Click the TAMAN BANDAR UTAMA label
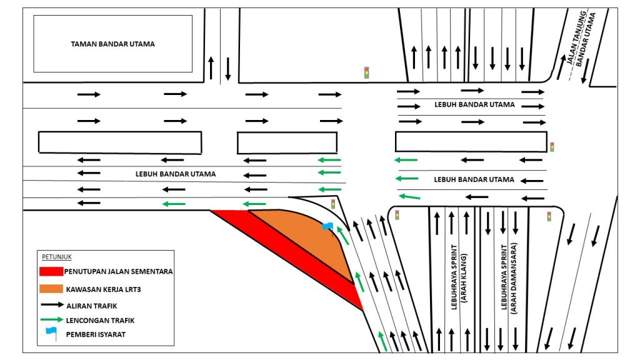pyautogui.click(x=112, y=44)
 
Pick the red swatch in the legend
pyautogui.click(x=51, y=271)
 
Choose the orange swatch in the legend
pyautogui.click(x=51, y=289)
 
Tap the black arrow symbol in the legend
pyautogui.click(x=51, y=305)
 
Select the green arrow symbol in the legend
pyautogui.click(x=51, y=319)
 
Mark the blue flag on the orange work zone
pyautogui.click(x=327, y=226)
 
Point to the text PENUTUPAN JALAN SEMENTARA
pyautogui.click(x=119, y=271)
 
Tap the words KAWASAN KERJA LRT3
pyautogui.click(x=102, y=289)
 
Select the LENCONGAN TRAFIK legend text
pyautogui.click(x=99, y=319)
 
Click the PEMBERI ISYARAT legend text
pyautogui.click(x=94, y=334)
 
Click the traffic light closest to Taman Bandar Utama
pyautogui.click(x=366, y=72)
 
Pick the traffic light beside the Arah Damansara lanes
pyautogui.click(x=549, y=216)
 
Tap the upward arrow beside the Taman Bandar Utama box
pyautogui.click(x=211, y=67)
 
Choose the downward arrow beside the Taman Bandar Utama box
pyautogui.click(x=227, y=67)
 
